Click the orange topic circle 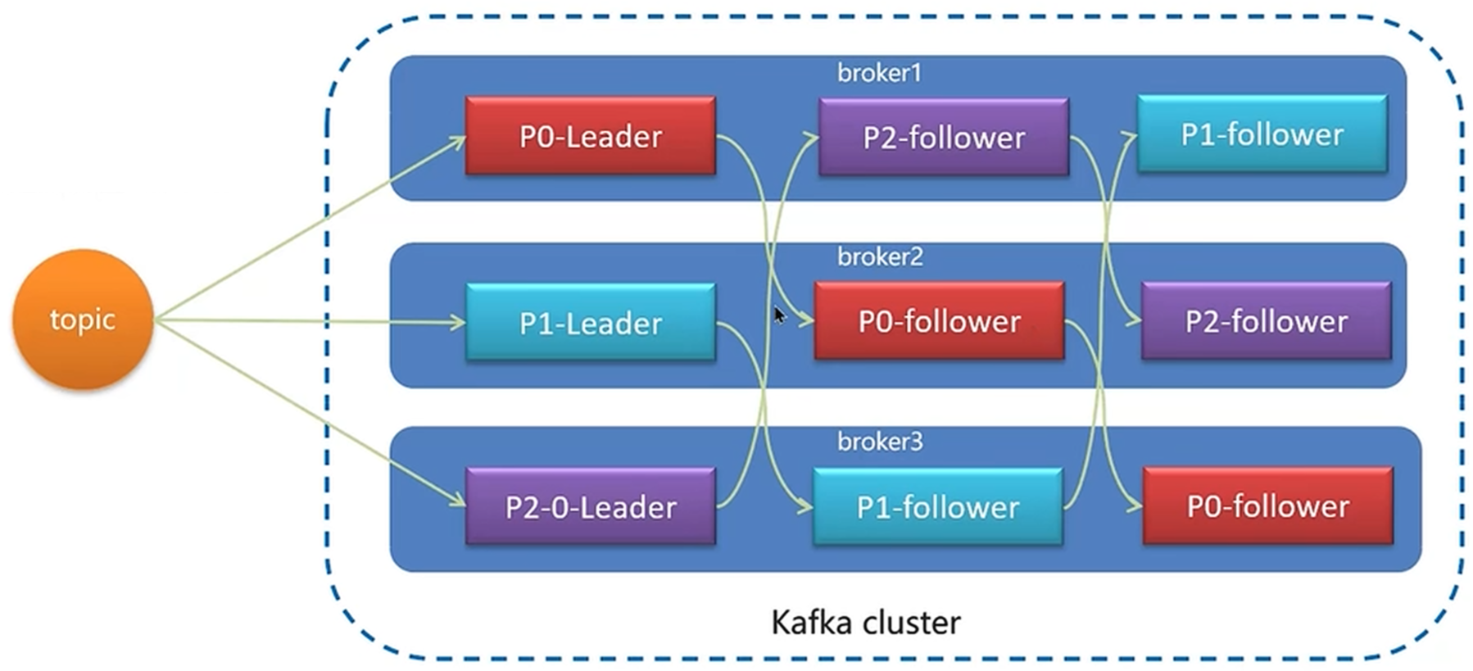tap(83, 319)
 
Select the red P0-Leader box tap(590, 135)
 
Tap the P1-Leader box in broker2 tap(590, 322)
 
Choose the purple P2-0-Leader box tap(590, 506)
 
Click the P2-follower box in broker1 tap(944, 137)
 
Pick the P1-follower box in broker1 tap(1262, 134)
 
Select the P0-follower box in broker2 tap(939, 320)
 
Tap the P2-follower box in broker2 tap(1266, 320)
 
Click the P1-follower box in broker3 tap(937, 506)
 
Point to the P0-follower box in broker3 tap(1267, 506)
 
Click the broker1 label tap(879, 73)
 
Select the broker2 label tap(880, 256)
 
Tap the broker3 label tap(880, 442)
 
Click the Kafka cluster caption tap(866, 623)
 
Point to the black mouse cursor tap(779, 315)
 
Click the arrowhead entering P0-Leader tap(457, 142)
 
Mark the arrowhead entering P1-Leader tap(457, 322)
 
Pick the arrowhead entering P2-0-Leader tap(457, 498)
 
